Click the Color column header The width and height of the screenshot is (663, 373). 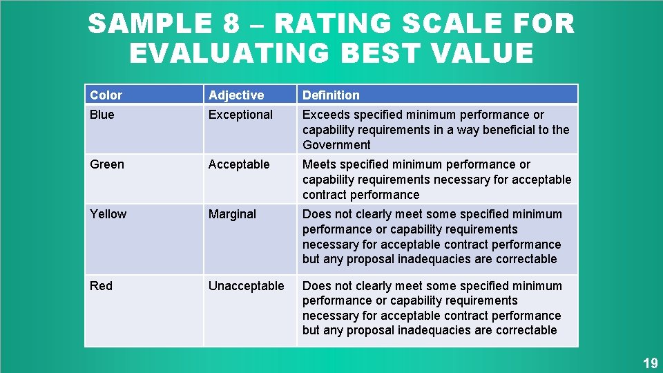pyautogui.click(x=106, y=95)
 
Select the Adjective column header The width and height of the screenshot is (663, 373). pyautogui.click(x=236, y=95)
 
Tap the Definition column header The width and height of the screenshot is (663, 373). pyautogui.click(x=331, y=95)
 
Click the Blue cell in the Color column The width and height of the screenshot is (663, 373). pyautogui.click(x=102, y=115)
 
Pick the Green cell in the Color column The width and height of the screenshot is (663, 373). pyautogui.click(x=107, y=164)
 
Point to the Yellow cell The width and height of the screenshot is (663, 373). pyautogui.click(x=108, y=214)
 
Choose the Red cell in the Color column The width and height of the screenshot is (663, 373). pyautogui.click(x=101, y=286)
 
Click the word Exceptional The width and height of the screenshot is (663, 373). pyautogui.click(x=241, y=115)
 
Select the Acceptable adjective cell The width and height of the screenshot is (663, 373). pyautogui.click(x=239, y=164)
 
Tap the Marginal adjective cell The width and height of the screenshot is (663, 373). pyautogui.click(x=232, y=214)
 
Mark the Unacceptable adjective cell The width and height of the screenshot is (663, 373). pyautogui.click(x=247, y=286)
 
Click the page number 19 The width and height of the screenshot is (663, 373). pyautogui.click(x=650, y=363)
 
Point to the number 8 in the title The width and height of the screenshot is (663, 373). pyautogui.click(x=231, y=25)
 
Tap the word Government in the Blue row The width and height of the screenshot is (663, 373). pyautogui.click(x=336, y=145)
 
